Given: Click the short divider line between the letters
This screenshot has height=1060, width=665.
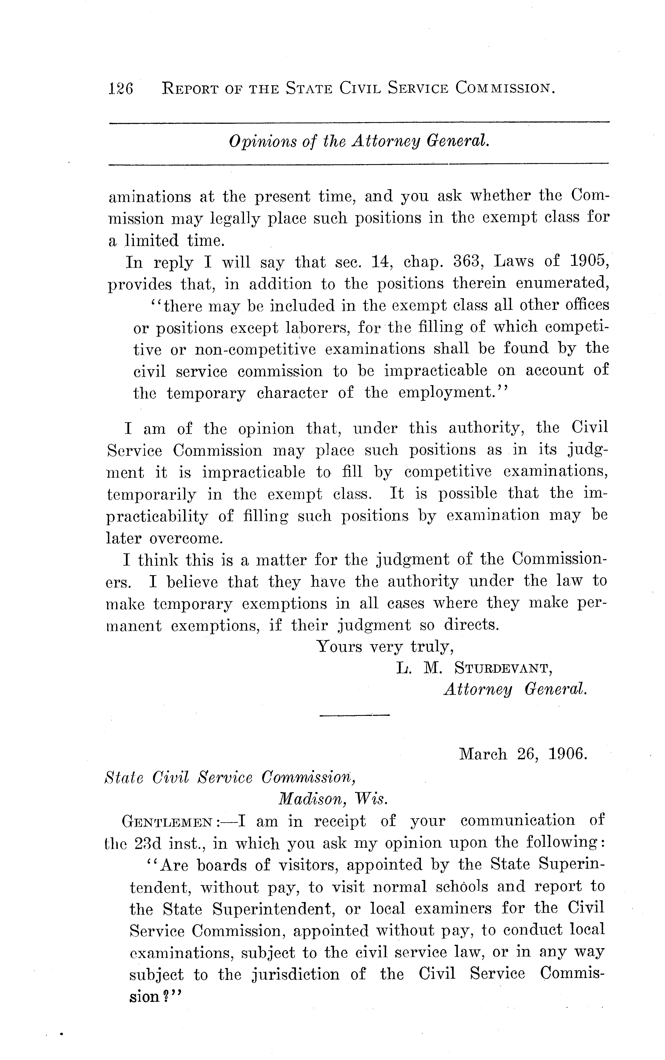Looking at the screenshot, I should coord(354,715).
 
